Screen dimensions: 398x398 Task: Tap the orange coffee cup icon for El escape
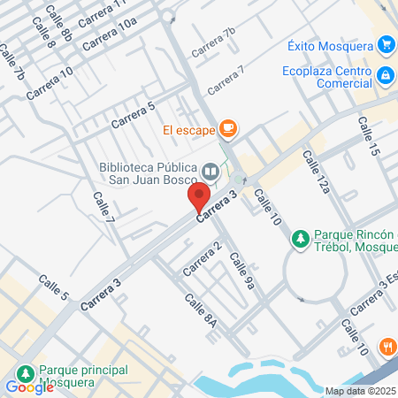click(227, 130)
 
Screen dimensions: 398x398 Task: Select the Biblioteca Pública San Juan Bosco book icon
click(210, 171)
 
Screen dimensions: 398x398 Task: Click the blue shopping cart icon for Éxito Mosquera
click(385, 44)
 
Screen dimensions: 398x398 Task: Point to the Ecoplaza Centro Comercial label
click(326, 78)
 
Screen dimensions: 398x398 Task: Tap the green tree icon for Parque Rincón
click(301, 239)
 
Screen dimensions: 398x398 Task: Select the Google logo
click(29, 387)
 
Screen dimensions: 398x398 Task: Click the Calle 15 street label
click(368, 136)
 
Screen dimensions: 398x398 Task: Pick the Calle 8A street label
click(201, 311)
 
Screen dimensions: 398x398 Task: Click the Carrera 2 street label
click(202, 256)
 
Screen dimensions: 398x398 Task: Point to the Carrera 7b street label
click(213, 42)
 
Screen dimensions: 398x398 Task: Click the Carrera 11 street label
click(102, 12)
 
